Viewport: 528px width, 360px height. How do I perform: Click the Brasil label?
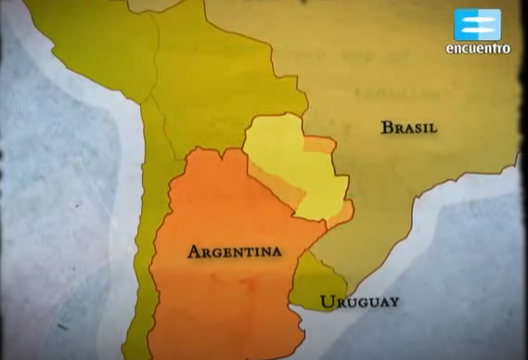tap(408, 128)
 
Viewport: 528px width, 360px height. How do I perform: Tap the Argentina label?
tap(235, 251)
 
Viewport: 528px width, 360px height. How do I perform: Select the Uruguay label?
tap(359, 302)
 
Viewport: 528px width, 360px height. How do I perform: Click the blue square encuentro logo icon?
tap(477, 24)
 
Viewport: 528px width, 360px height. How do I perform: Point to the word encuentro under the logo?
tap(477, 49)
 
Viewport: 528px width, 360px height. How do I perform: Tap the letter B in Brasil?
tap(386, 128)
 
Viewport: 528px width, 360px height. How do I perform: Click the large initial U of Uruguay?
tap(325, 302)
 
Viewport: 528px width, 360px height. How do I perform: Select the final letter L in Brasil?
tap(432, 128)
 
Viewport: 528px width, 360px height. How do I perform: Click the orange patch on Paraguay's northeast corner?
tap(321, 145)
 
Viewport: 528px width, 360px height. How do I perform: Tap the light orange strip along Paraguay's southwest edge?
tap(278, 186)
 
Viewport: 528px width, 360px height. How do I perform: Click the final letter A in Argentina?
tap(276, 251)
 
